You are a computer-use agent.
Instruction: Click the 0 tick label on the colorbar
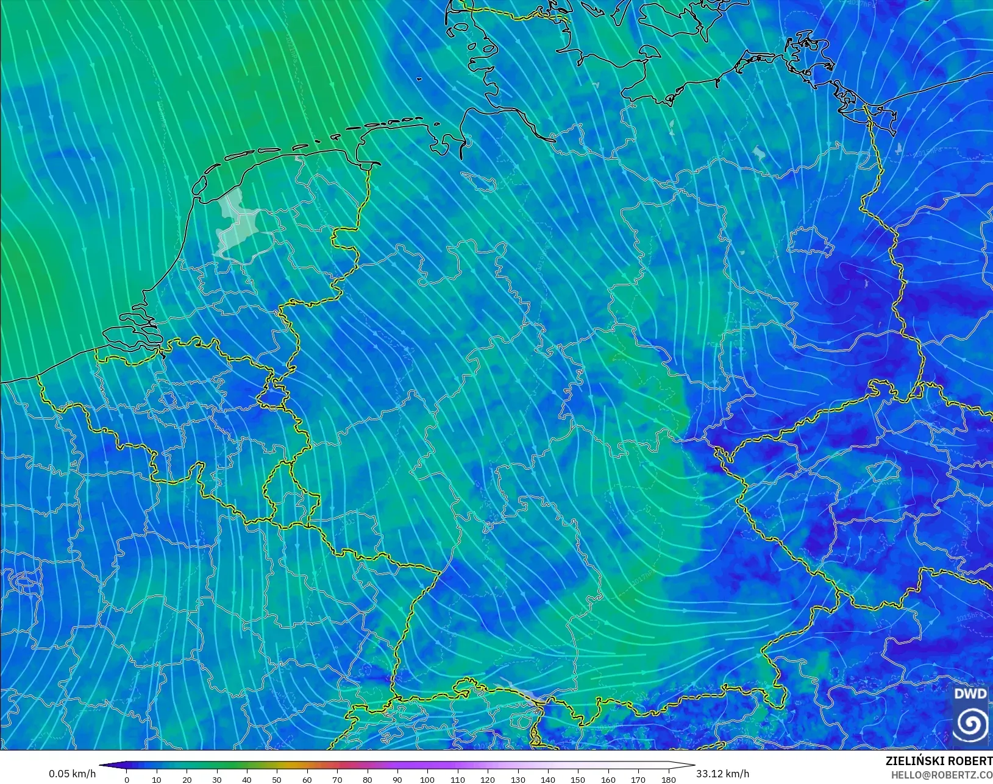pyautogui.click(x=127, y=780)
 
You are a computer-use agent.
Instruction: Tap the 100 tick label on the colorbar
pyautogui.click(x=427, y=780)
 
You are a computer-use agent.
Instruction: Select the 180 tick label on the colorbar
pyautogui.click(x=668, y=780)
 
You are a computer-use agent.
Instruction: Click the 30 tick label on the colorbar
pyautogui.click(x=217, y=780)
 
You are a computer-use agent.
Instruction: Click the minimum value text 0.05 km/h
pyautogui.click(x=73, y=774)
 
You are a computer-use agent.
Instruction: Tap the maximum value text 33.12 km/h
pyautogui.click(x=723, y=774)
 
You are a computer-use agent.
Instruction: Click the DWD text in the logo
pyautogui.click(x=970, y=694)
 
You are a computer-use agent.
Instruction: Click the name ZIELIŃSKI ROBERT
pyautogui.click(x=939, y=761)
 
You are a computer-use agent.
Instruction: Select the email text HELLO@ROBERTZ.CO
pyautogui.click(x=942, y=775)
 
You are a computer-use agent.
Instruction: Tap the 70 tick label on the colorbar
pyautogui.click(x=337, y=780)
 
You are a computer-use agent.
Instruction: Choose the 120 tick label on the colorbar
pyautogui.click(x=488, y=780)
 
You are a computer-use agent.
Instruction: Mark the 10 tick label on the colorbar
pyautogui.click(x=157, y=780)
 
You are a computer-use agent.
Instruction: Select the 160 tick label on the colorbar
pyautogui.click(x=608, y=780)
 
